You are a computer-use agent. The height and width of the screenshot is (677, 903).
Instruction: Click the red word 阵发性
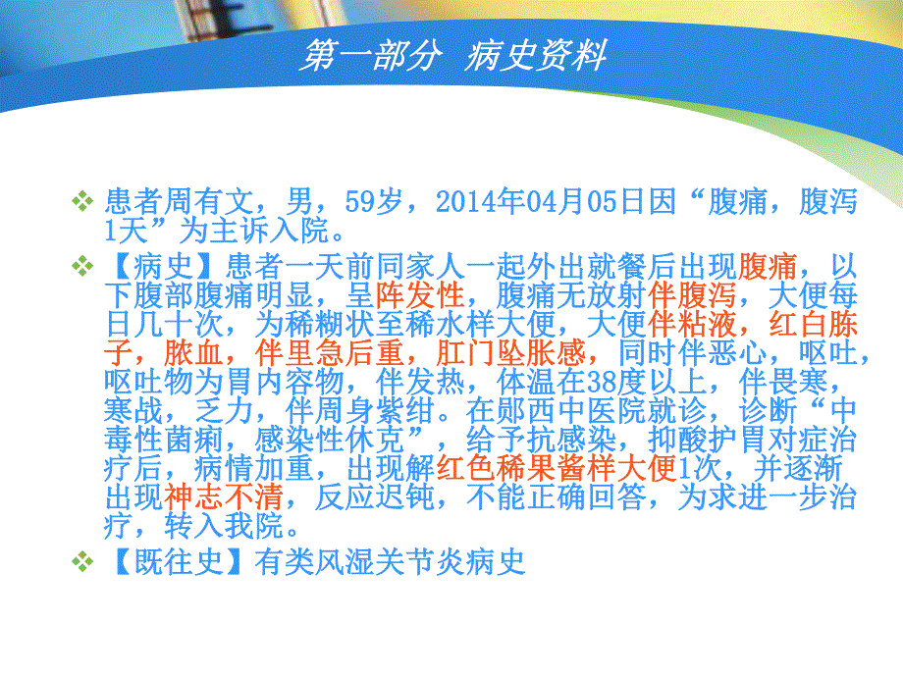(x=421, y=294)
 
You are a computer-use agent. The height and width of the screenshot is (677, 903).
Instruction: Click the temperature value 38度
(x=556, y=381)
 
